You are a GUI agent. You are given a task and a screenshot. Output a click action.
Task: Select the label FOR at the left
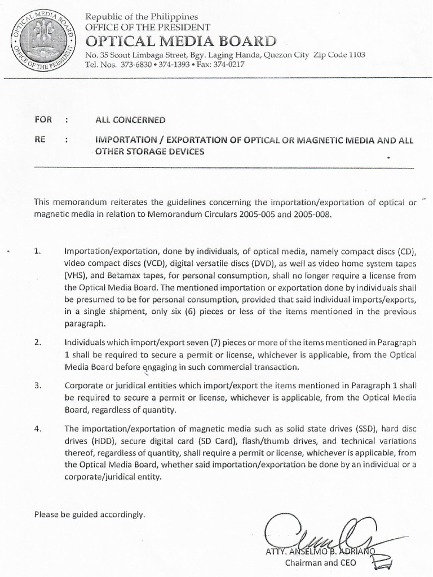click(43, 119)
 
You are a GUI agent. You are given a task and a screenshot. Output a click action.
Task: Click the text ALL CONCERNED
click(130, 119)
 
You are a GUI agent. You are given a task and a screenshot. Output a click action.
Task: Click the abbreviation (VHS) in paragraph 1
click(77, 276)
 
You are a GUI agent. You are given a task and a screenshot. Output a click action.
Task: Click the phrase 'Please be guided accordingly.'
click(90, 514)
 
